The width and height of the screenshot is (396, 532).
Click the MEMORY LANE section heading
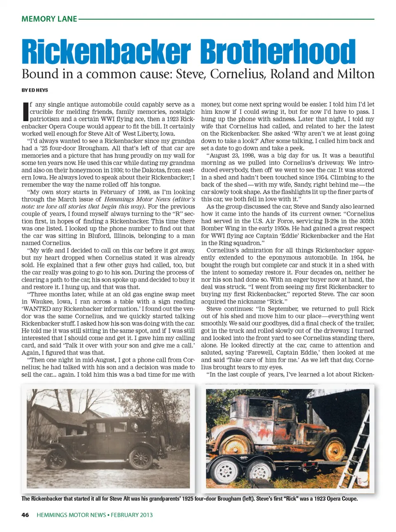click(x=49, y=19)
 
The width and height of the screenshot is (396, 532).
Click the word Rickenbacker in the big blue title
click(x=106, y=52)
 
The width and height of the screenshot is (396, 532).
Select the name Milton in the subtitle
click(x=356, y=74)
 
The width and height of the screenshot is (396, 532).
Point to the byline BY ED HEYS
click(x=35, y=90)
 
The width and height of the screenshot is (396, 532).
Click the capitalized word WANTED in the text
click(x=37, y=309)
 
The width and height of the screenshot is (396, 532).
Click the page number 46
click(x=25, y=515)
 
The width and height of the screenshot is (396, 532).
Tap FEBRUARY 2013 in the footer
click(x=132, y=515)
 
